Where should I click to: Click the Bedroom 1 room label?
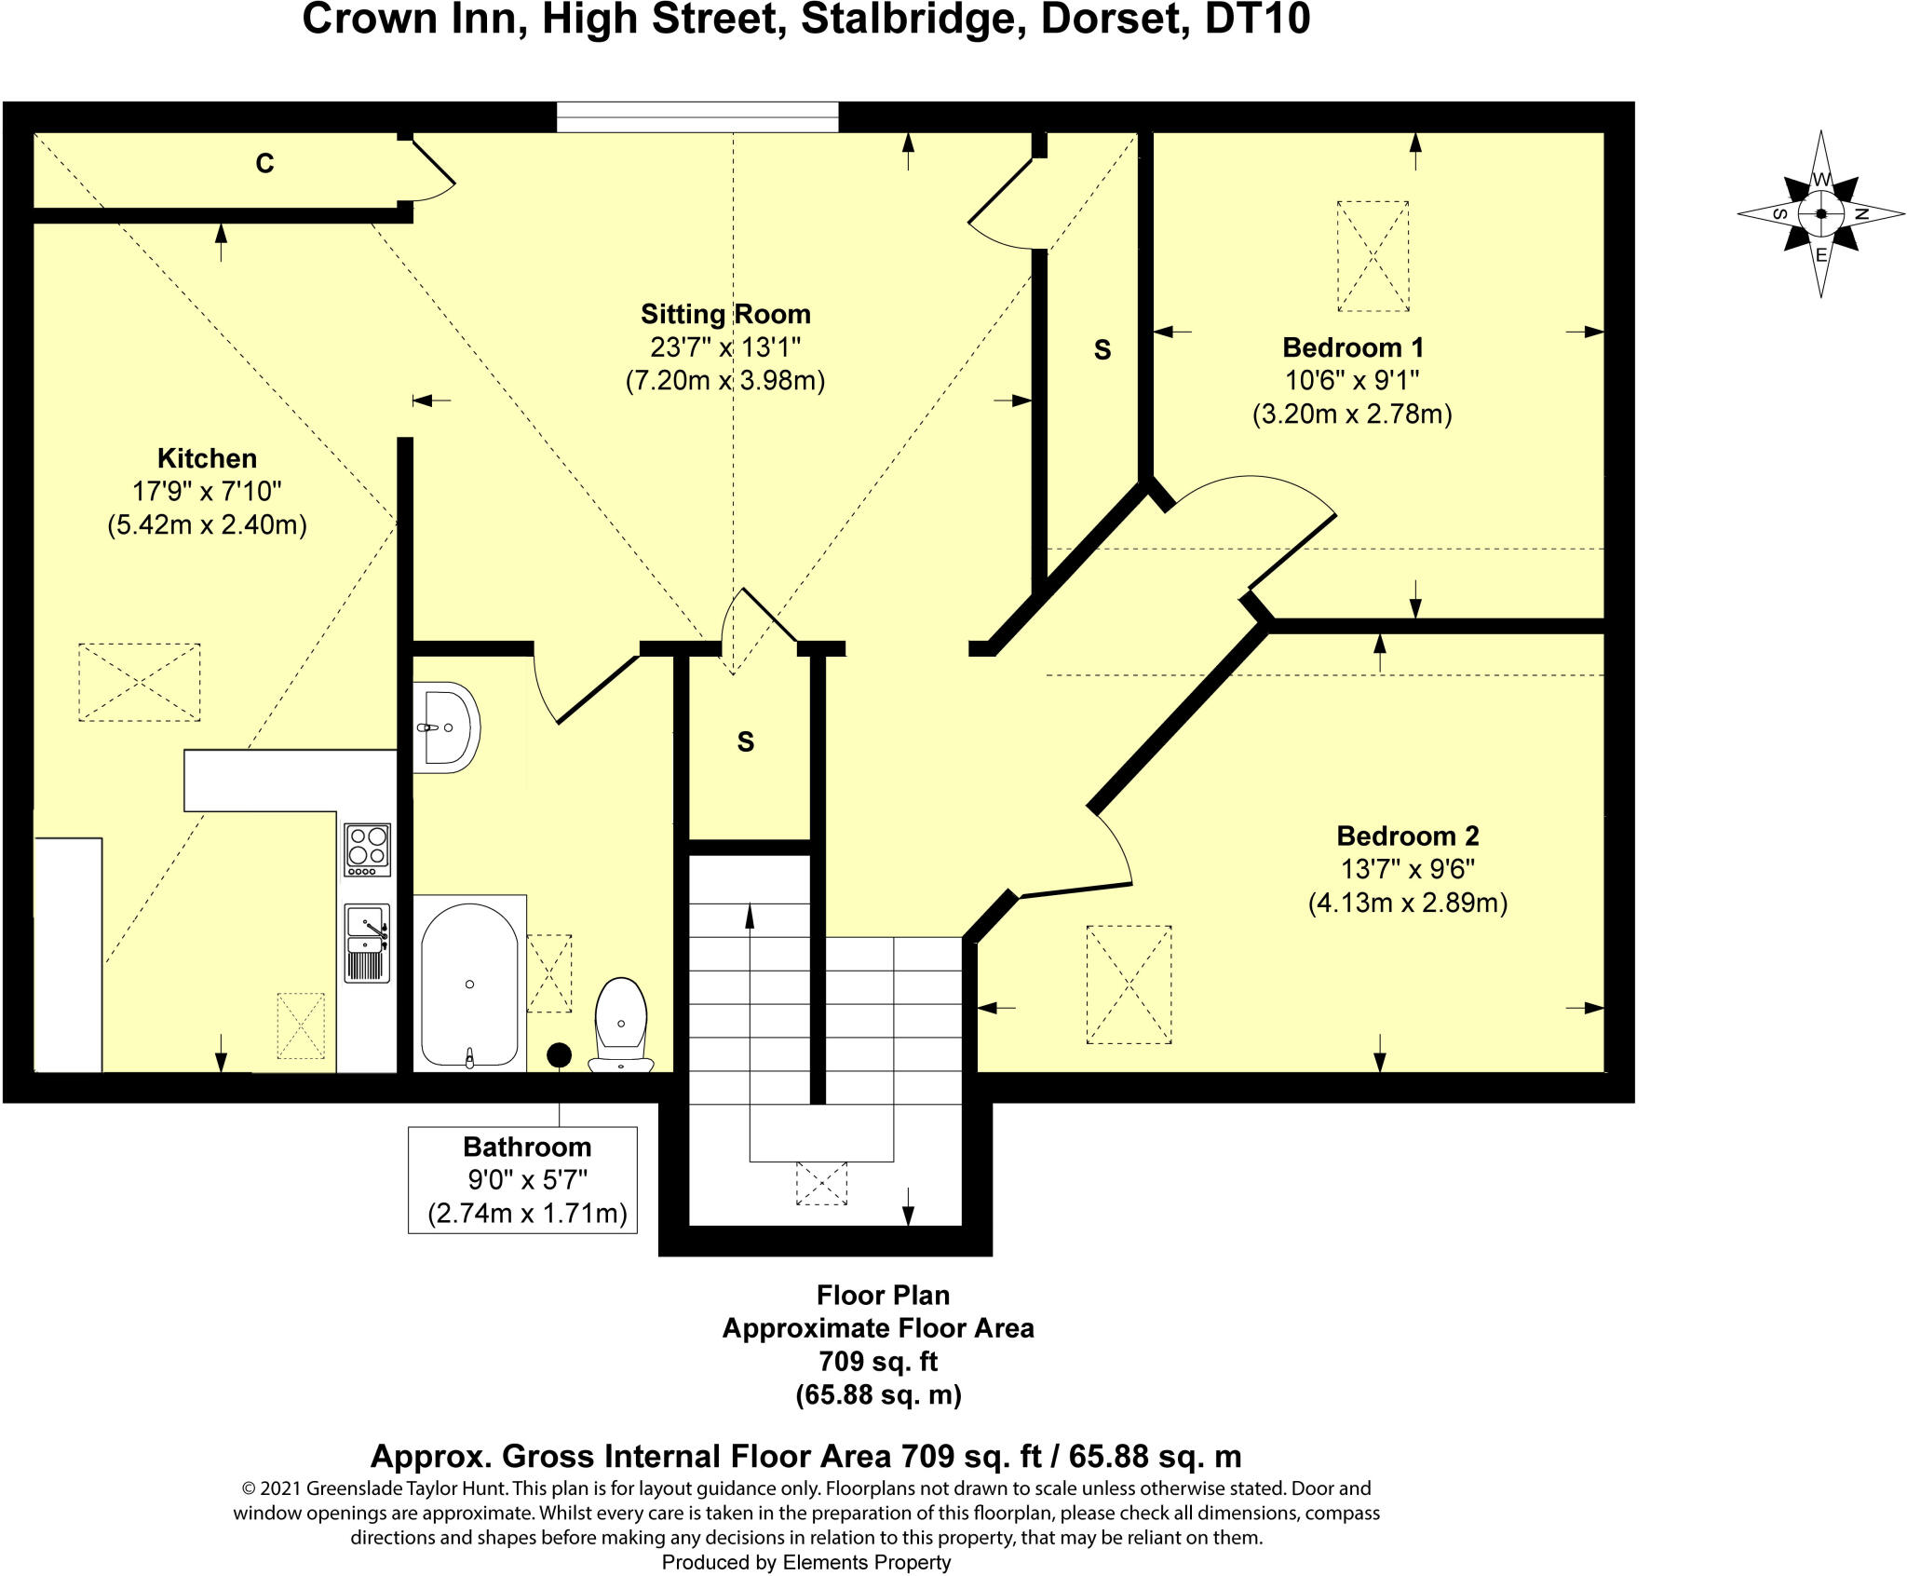pyautogui.click(x=1352, y=347)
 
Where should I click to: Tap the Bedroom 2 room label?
pyautogui.click(x=1407, y=836)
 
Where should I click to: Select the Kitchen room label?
pyautogui.click(x=207, y=458)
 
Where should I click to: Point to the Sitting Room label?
pyautogui.click(x=725, y=314)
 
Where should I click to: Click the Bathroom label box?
pyautogui.click(x=522, y=1179)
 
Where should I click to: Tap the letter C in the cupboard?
pyautogui.click(x=264, y=164)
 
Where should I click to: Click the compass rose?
pyautogui.click(x=1820, y=214)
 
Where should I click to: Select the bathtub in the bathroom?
pyautogui.click(x=469, y=984)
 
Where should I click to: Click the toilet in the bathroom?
pyautogui.click(x=620, y=1025)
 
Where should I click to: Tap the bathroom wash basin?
pyautogui.click(x=449, y=728)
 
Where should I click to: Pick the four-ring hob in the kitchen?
pyautogui.click(x=367, y=849)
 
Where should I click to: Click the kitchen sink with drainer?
pyautogui.click(x=367, y=943)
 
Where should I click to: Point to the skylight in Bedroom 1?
pyautogui.click(x=1373, y=256)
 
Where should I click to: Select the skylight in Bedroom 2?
pyautogui.click(x=1129, y=985)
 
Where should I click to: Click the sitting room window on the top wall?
pyautogui.click(x=697, y=117)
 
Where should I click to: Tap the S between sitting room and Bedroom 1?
pyautogui.click(x=1102, y=350)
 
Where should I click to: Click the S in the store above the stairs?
pyautogui.click(x=745, y=742)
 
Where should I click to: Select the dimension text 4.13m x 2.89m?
pyautogui.click(x=1407, y=903)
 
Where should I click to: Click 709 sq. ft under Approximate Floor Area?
pyautogui.click(x=877, y=1361)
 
